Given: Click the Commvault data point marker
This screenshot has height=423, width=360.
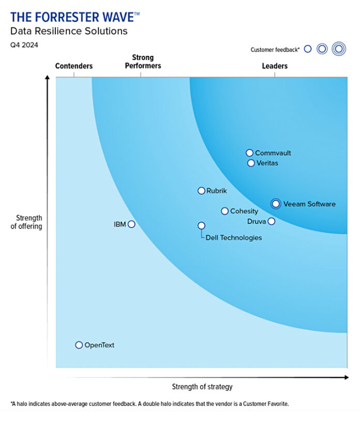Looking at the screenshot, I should pos(249,153).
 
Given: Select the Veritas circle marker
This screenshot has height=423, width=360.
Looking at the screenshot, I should pos(251,163).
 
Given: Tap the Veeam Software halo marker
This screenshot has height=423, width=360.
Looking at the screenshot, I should pos(276,204).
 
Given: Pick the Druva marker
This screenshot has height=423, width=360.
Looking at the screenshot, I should pos(272,221).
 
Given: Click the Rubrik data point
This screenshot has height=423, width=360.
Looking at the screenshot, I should pos(201,191).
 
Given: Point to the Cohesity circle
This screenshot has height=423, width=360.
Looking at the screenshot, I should pos(224,211).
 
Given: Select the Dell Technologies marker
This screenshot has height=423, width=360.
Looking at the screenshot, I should pos(201,225).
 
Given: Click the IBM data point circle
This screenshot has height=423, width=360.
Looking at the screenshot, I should pos(131,224).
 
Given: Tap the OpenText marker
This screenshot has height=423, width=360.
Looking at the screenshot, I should pos(79,345).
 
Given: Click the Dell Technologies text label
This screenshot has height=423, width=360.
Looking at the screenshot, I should pos(234,238).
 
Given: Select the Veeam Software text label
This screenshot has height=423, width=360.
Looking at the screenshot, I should pos(309,204).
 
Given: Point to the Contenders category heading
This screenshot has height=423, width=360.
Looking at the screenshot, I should pos(74,66).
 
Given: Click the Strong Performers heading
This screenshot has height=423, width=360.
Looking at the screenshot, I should pos(143,62).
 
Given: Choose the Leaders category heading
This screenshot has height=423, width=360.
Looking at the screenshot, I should pos(275,66).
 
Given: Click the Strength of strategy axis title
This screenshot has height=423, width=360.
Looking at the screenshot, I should pos(202,387).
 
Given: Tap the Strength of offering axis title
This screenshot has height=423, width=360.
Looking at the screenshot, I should pos(26,222).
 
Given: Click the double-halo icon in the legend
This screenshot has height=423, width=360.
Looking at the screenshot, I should pos(339,49).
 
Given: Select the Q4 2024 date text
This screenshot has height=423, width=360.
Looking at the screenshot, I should pos(24,45).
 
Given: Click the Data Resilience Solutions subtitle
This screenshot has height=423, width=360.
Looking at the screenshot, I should pos(69,32).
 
